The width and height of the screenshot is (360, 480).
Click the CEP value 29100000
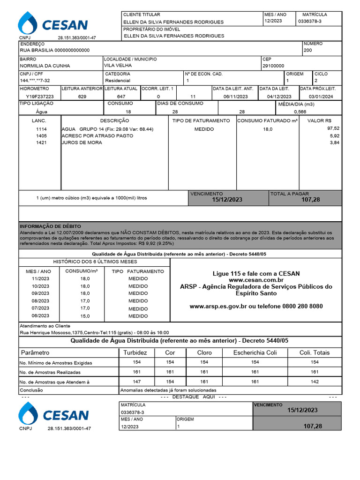click(273, 66)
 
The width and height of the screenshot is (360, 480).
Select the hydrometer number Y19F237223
click(36, 96)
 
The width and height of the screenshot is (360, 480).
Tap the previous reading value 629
click(82, 96)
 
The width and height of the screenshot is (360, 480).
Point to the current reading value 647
click(121, 96)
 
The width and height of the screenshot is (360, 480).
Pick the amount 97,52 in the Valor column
click(333, 128)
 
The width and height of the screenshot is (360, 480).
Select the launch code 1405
click(41, 136)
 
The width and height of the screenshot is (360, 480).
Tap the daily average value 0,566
click(300, 112)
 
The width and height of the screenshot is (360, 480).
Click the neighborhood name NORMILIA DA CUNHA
click(45, 66)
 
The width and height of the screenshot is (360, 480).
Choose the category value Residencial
click(118, 81)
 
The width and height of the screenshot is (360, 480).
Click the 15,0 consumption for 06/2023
click(85, 316)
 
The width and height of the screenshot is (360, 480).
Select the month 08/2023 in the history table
click(40, 301)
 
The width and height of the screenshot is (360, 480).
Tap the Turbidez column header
click(135, 352)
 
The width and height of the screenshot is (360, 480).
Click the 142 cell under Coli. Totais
click(315, 382)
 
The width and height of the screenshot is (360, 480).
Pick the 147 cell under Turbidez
click(136, 382)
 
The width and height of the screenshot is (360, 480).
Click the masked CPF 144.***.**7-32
click(35, 81)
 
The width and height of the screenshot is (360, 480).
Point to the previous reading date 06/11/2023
click(235, 96)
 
